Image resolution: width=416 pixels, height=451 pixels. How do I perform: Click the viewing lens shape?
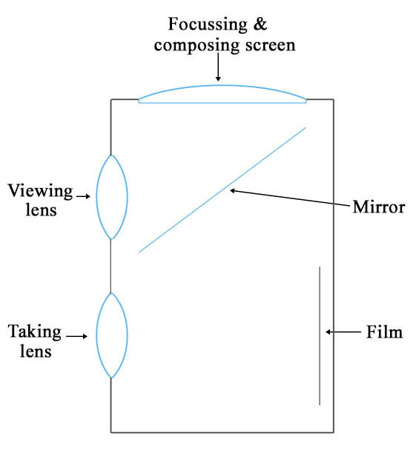[x=97, y=197]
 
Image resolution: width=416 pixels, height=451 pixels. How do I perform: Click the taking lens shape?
[x=97, y=335]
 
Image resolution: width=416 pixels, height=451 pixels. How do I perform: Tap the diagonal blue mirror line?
[x=222, y=190]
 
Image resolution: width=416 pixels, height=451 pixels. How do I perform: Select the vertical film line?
[x=320, y=335]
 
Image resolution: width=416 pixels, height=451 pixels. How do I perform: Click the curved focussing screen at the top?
[x=222, y=86]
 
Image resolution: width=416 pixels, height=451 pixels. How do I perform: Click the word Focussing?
[x=208, y=25]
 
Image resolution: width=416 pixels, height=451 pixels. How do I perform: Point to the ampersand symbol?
[x=260, y=24]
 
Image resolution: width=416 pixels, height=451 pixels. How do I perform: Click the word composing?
[x=197, y=46]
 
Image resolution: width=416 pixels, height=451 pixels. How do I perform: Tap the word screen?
[x=271, y=46]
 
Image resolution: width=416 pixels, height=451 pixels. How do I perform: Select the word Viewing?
[x=40, y=191]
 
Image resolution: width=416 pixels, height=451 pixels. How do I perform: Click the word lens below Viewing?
[x=41, y=209]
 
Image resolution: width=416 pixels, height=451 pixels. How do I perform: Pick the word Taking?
[x=35, y=333]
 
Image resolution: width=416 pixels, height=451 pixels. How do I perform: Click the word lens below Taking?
[x=36, y=351]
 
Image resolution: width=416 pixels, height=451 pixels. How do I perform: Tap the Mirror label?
[x=379, y=207]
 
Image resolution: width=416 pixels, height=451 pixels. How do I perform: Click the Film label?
[x=384, y=333]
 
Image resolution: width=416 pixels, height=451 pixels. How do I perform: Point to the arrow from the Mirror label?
[x=289, y=198]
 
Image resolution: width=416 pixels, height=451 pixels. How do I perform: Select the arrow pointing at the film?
[x=343, y=332]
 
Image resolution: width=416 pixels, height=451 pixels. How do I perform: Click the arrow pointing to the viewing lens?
[x=84, y=196]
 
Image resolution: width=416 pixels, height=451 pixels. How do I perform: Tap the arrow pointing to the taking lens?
[x=76, y=336]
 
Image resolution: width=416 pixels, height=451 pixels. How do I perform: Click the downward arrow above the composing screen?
[x=218, y=67]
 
